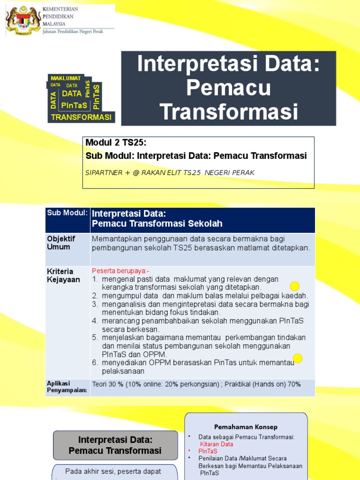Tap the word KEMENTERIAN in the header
[x=60, y=9]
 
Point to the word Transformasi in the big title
[x=229, y=112]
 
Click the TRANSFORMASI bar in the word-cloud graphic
[x=82, y=117]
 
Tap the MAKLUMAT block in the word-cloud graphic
[x=66, y=78]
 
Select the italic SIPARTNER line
[x=170, y=172]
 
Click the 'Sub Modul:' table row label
[x=67, y=213]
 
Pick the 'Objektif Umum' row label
[x=61, y=243]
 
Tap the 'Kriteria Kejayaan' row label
[x=63, y=276]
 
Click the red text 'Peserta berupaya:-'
[x=114, y=271]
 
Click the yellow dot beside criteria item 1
[x=294, y=286]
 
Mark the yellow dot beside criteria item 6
[x=297, y=359]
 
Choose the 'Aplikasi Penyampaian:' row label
[x=67, y=386]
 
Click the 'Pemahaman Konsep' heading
[x=246, y=427]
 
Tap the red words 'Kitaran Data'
[x=216, y=444]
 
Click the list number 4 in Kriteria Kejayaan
[x=94, y=321]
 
